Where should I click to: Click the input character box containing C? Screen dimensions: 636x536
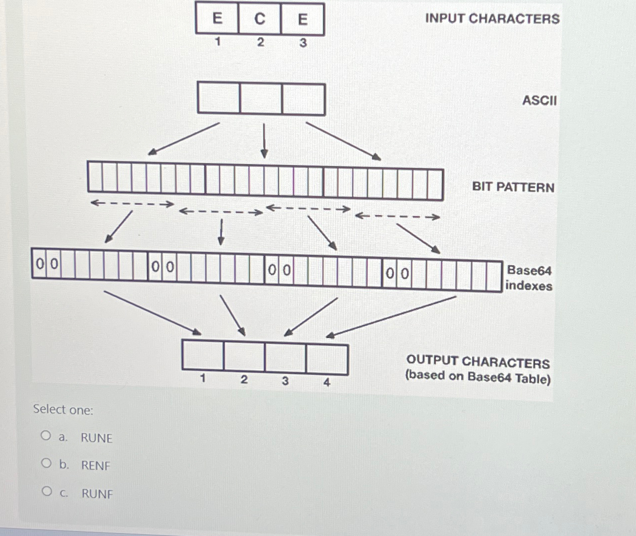click(260, 19)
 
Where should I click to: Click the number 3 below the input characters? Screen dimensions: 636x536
click(303, 43)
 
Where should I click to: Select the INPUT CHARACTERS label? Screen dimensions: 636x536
click(492, 19)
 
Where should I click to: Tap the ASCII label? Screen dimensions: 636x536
click(539, 100)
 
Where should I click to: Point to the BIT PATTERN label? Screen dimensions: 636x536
click(513, 187)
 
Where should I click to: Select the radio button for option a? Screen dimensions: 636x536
click(46, 436)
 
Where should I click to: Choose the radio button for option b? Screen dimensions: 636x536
click(47, 463)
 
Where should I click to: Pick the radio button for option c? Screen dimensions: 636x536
click(47, 491)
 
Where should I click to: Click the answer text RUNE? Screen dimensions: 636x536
click(96, 438)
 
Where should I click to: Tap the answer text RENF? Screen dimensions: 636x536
click(95, 465)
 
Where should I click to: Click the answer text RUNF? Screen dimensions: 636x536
click(97, 494)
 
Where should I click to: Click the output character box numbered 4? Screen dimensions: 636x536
click(327, 359)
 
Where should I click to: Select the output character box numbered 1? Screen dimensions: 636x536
click(203, 355)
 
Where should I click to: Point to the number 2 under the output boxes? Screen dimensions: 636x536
click(244, 380)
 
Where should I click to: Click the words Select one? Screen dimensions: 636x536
click(63, 410)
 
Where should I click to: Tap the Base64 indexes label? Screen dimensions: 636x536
click(529, 278)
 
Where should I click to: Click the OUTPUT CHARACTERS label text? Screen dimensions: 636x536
click(478, 361)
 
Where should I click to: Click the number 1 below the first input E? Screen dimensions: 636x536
click(217, 42)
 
